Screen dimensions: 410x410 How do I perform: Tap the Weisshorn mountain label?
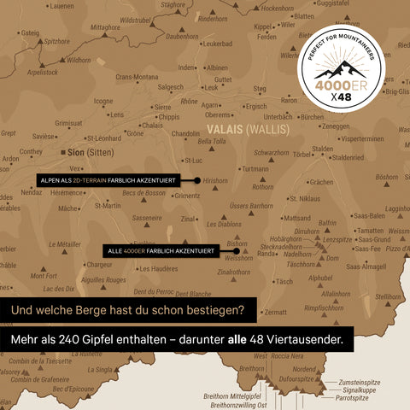pyautogui.click(x=239, y=258)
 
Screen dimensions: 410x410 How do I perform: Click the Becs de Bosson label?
pyautogui.click(x=144, y=194)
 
